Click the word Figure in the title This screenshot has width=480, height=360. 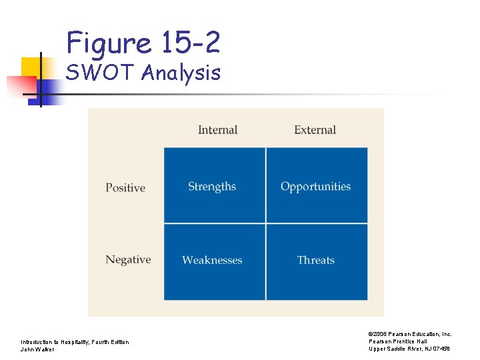[x=109, y=43]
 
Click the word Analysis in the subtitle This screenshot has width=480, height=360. [x=181, y=72]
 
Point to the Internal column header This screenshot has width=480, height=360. [x=217, y=130]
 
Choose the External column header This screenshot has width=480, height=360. [x=315, y=130]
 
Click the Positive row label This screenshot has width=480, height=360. [x=125, y=188]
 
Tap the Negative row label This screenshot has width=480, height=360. [x=128, y=260]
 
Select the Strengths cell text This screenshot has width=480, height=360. [x=212, y=187]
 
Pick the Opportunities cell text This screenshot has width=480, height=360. [x=315, y=187]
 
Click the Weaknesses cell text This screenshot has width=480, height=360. [x=212, y=260]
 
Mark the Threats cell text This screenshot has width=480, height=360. [x=315, y=260]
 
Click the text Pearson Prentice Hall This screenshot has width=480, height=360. [x=398, y=341]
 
